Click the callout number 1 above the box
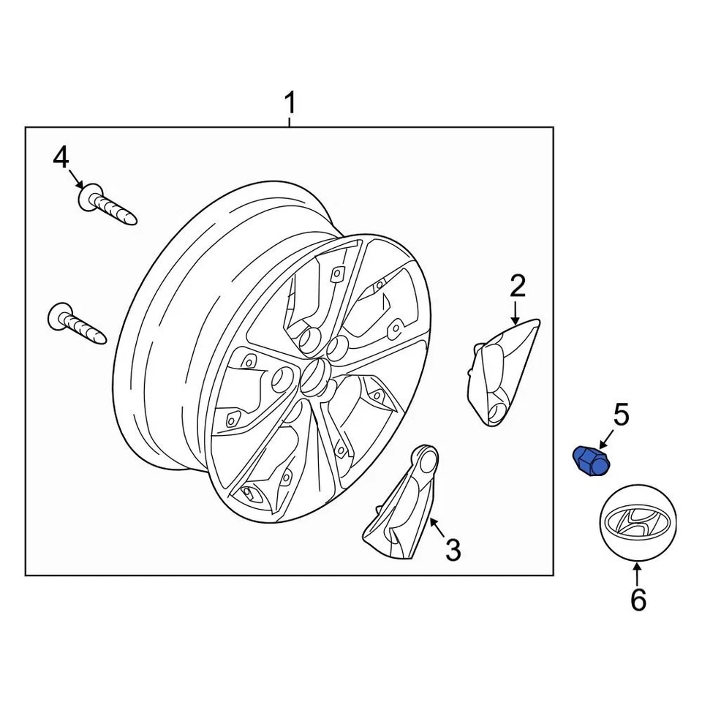pyautogui.click(x=290, y=104)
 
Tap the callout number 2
pyautogui.click(x=518, y=286)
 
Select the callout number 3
pyautogui.click(x=453, y=550)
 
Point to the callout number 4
pyautogui.click(x=61, y=157)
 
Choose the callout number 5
pyautogui.click(x=621, y=415)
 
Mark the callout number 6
pyautogui.click(x=638, y=600)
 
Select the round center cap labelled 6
pyautogui.click(x=638, y=524)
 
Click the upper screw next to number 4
pyautogui.click(x=107, y=205)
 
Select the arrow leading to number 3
pyautogui.click(x=437, y=527)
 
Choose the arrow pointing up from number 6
pyautogui.click(x=638, y=572)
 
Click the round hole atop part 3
pyautogui.click(x=427, y=458)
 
